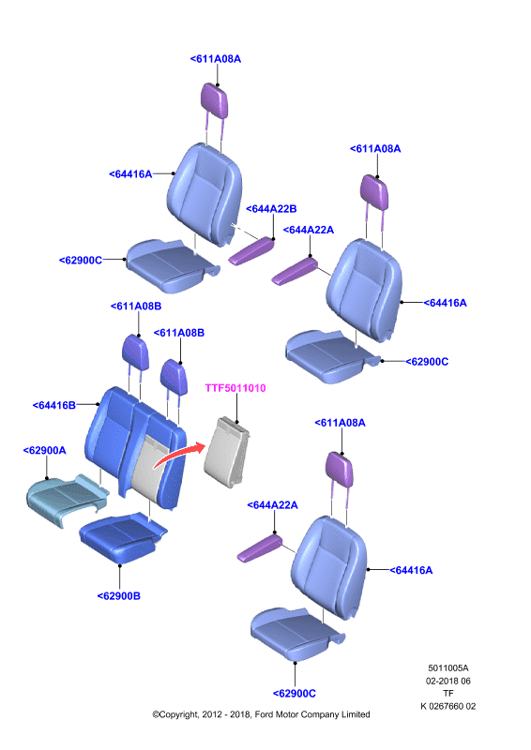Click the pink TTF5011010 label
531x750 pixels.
[x=235, y=388]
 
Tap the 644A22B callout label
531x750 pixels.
[x=271, y=209]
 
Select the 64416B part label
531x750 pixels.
[x=54, y=406]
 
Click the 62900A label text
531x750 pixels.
[x=44, y=451]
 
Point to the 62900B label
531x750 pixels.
[x=119, y=596]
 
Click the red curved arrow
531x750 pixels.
[x=179, y=455]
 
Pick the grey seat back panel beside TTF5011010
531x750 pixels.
[x=226, y=452]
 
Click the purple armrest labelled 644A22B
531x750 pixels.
[x=251, y=250]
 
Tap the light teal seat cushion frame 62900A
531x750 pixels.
[x=66, y=499]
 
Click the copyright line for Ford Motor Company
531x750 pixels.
[x=261, y=714]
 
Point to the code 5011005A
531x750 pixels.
[x=448, y=668]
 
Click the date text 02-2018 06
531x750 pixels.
[x=448, y=681]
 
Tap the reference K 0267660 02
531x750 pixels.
[x=448, y=706]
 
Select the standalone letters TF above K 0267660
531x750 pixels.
[x=448, y=693]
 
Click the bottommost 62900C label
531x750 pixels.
[x=295, y=694]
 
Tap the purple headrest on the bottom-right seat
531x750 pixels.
[x=340, y=468]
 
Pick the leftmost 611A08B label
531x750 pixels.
[x=136, y=307]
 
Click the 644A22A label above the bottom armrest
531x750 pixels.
[x=272, y=505]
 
